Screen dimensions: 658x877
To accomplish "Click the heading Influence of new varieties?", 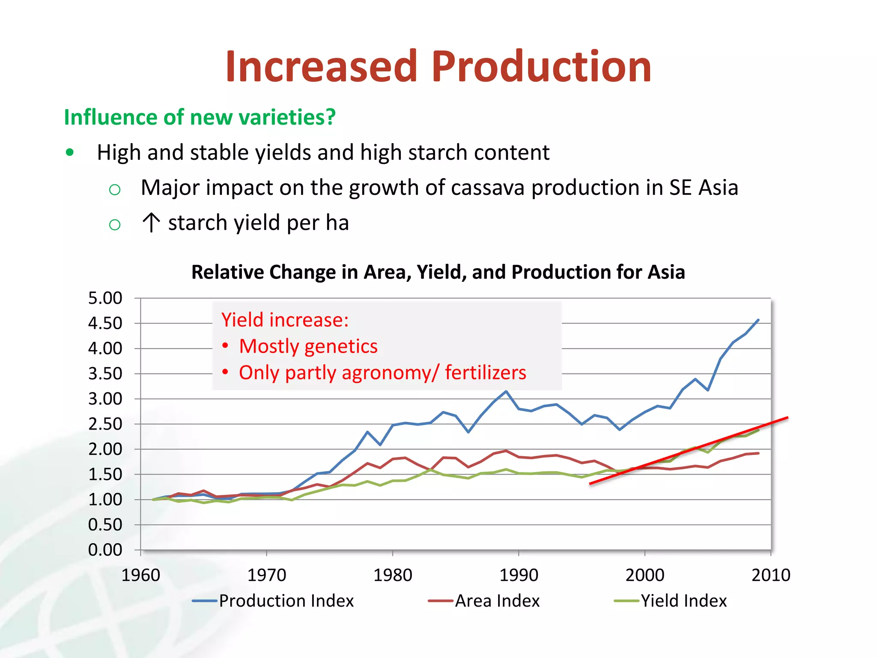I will pyautogui.click(x=200, y=117).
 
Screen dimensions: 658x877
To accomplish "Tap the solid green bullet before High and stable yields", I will pyautogui.click(x=70, y=152).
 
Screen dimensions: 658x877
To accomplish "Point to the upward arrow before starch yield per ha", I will pyautogui.click(x=151, y=223).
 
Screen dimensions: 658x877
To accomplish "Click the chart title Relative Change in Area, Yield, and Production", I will pyautogui.click(x=438, y=272).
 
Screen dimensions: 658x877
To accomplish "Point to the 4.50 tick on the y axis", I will pyautogui.click(x=105, y=323).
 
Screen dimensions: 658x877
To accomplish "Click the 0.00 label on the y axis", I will pyautogui.click(x=105, y=550).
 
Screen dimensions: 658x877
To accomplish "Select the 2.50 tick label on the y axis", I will pyautogui.click(x=105, y=424).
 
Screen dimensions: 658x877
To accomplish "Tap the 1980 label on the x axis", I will pyautogui.click(x=392, y=575).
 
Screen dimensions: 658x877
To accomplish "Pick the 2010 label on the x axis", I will pyautogui.click(x=770, y=575).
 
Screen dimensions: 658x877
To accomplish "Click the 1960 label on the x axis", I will pyautogui.click(x=140, y=575).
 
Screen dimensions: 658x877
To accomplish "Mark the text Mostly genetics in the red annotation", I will pyautogui.click(x=308, y=346).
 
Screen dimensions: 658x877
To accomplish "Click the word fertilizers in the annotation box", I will pyautogui.click(x=485, y=372).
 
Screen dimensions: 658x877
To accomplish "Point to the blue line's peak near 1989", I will pyautogui.click(x=506, y=391).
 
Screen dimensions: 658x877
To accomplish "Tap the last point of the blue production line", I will pyautogui.click(x=758, y=320).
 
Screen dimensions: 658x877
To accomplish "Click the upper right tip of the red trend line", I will pyautogui.click(x=787, y=418).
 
